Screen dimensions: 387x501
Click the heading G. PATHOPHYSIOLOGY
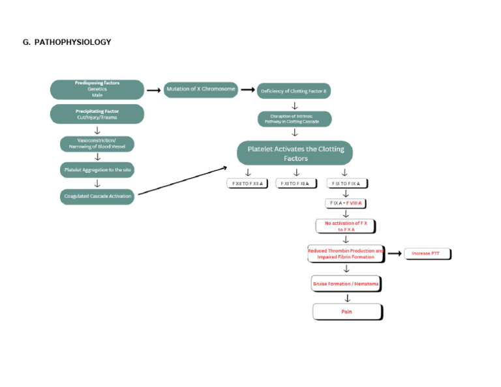[x=67, y=42]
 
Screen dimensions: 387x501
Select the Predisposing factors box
[x=97, y=89]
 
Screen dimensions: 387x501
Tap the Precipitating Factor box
[x=97, y=114]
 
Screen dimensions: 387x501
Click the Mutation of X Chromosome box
[x=200, y=89]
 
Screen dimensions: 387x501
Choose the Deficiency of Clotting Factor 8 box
[x=294, y=91]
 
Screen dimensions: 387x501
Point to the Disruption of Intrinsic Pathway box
[x=294, y=119]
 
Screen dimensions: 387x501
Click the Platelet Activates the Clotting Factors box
[x=295, y=153]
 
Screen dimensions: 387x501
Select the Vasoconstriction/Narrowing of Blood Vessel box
[x=97, y=143]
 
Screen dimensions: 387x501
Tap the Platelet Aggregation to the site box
[x=97, y=169]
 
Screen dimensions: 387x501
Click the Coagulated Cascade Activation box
[x=97, y=195]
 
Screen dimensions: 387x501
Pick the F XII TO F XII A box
[x=247, y=184]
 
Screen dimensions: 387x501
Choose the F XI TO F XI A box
[x=296, y=184]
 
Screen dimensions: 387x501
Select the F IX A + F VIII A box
[x=346, y=203]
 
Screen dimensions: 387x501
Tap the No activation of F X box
[x=346, y=226]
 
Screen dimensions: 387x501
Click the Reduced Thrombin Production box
[x=346, y=253]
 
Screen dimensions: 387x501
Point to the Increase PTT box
[x=427, y=253]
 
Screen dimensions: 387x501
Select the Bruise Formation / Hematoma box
[x=346, y=284]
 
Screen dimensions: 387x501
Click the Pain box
[x=347, y=312]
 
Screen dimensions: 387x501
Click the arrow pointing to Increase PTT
[x=394, y=253]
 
